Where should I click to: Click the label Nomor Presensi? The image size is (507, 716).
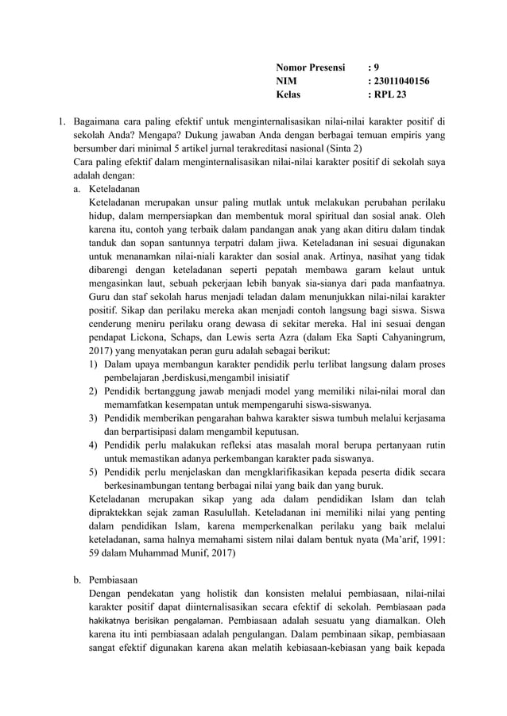(310, 67)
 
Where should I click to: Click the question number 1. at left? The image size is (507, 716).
(58, 121)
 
